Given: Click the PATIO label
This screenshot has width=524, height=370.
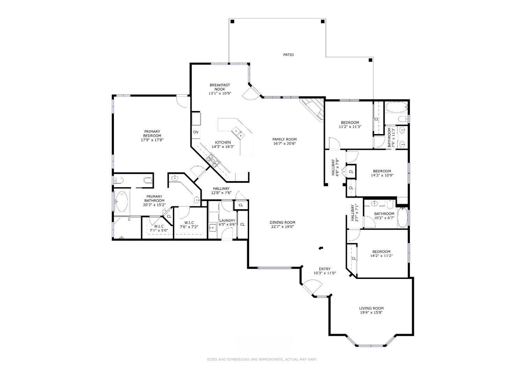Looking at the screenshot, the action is click(289, 55).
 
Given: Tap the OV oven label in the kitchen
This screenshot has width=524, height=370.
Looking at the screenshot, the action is click(196, 132).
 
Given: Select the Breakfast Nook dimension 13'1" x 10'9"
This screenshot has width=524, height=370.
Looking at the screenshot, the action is click(220, 94).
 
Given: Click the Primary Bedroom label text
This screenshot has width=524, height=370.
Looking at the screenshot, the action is click(152, 134).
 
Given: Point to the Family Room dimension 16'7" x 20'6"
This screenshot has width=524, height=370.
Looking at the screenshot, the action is click(284, 143).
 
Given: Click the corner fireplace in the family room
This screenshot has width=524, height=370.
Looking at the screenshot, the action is click(313, 109).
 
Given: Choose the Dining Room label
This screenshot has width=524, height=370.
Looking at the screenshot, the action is click(282, 222).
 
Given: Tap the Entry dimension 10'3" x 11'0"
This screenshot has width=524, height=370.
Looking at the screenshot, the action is click(325, 273).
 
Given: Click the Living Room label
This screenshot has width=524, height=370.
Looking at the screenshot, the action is click(371, 308).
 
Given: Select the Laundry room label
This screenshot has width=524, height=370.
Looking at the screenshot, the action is click(227, 220).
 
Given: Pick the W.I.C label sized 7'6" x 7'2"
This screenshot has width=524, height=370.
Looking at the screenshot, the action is click(189, 223).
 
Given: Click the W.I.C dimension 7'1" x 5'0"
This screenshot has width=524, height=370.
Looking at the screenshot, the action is click(159, 230).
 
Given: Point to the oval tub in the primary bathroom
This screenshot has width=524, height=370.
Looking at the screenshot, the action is click(122, 201).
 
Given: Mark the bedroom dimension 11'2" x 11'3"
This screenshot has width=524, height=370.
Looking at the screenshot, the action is click(350, 127).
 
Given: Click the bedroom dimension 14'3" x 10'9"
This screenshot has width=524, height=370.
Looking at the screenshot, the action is click(382, 175).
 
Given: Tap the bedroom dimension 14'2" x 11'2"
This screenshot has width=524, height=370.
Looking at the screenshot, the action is click(381, 256).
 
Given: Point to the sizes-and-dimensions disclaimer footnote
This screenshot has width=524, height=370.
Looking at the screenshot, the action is click(262, 360).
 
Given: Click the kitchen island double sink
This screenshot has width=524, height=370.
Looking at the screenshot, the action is click(238, 133).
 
